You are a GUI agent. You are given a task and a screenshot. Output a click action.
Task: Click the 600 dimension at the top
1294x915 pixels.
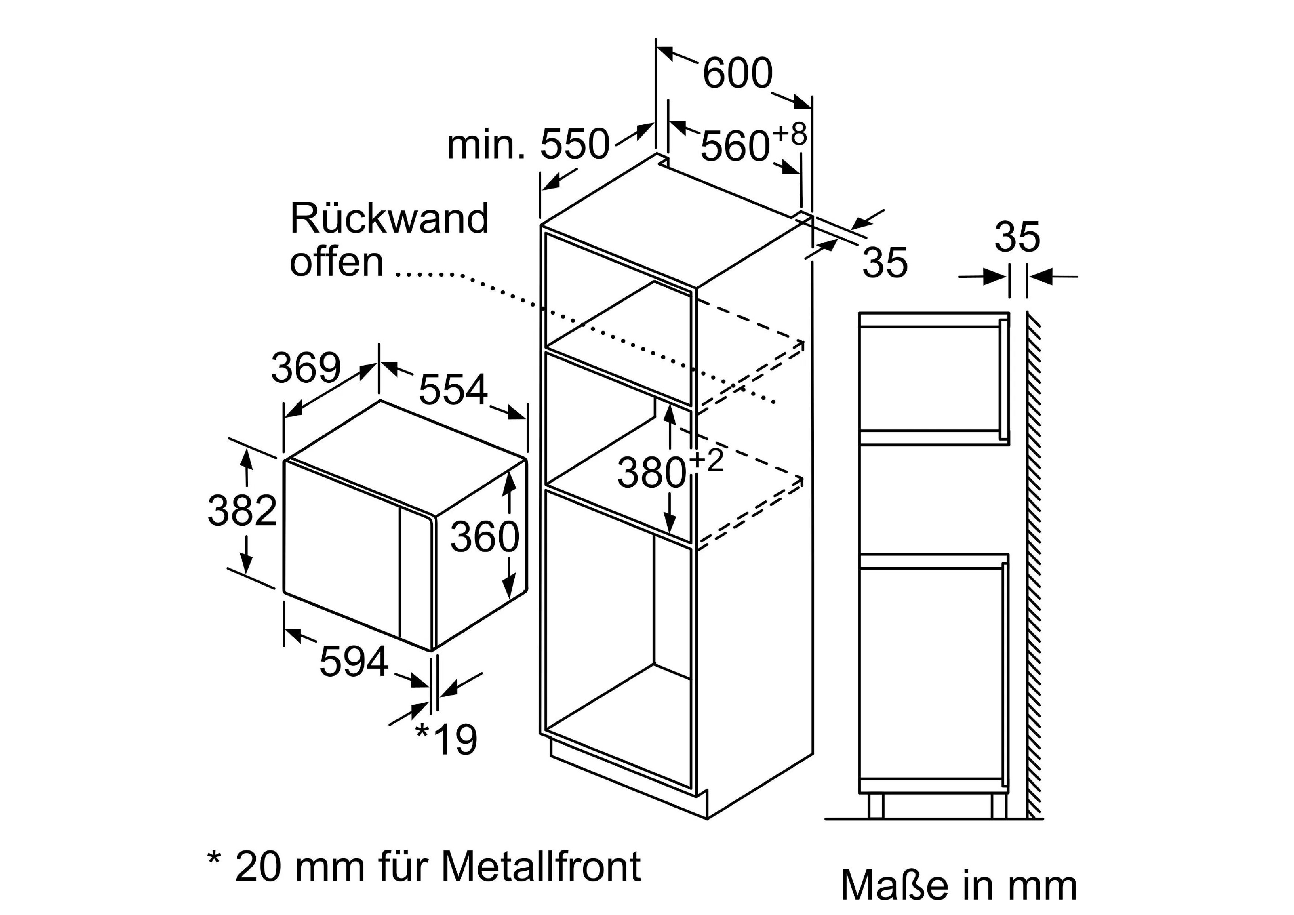click(x=737, y=73)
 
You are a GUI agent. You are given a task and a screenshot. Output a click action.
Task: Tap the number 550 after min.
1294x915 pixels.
click(x=575, y=145)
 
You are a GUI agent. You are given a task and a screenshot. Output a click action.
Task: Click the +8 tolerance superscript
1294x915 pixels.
click(x=790, y=134)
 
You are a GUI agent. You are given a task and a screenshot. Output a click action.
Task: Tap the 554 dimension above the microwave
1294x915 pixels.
click(x=453, y=390)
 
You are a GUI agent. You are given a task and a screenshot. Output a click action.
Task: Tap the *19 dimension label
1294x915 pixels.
click(x=446, y=740)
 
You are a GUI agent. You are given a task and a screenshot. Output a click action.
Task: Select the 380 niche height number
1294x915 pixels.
click(x=651, y=472)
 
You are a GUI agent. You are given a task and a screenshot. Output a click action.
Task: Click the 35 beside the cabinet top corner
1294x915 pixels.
click(x=885, y=262)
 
